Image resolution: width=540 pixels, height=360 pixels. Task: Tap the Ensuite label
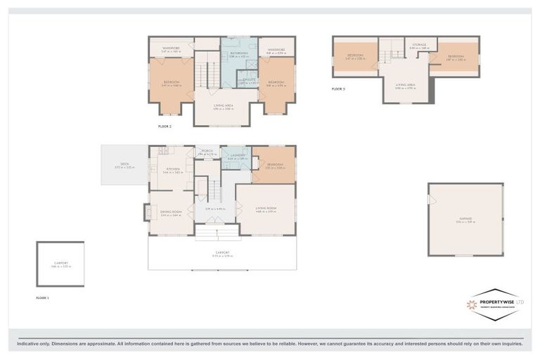248,80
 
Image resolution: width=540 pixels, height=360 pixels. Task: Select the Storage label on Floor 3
419,45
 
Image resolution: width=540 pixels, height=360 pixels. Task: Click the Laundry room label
236,157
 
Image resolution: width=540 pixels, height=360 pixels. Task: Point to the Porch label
207,150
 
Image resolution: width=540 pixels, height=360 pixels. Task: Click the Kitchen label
173,169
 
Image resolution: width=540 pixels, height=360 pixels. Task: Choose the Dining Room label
171,212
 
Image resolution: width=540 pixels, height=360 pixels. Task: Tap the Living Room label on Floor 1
266,208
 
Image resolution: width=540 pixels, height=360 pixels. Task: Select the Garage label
465,219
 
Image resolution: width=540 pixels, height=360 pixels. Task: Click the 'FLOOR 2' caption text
165,127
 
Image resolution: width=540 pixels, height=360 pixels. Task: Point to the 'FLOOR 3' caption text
339,89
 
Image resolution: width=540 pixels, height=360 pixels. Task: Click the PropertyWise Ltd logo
496,304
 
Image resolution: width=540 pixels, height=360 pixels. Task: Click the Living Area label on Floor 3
406,84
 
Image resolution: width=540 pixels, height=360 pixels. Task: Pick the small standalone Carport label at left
60,264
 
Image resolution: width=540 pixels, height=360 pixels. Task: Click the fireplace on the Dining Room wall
146,211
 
